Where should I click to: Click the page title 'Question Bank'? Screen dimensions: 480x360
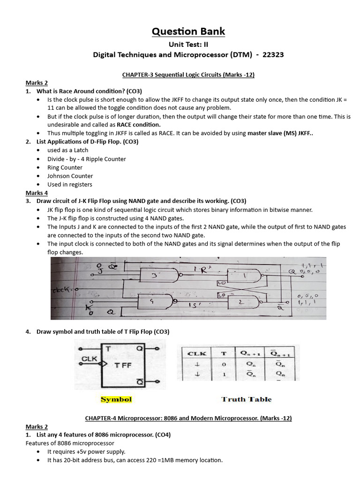point(188,31)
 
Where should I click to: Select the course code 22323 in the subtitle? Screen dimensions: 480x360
point(272,55)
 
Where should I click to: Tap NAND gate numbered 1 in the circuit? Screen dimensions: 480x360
point(243,276)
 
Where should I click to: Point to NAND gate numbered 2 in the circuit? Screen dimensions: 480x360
point(243,303)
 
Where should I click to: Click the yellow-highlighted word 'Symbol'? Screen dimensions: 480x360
point(116,399)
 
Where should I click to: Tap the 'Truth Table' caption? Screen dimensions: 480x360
point(246,399)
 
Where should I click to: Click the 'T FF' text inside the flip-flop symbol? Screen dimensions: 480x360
point(123,365)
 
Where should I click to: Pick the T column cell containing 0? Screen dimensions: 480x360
point(224,364)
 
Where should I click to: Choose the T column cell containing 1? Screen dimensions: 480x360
point(224,374)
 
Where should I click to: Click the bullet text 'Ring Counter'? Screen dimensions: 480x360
point(65,167)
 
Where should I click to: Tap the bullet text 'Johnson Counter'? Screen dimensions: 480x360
point(70,176)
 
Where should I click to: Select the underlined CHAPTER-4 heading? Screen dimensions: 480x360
point(188,418)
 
